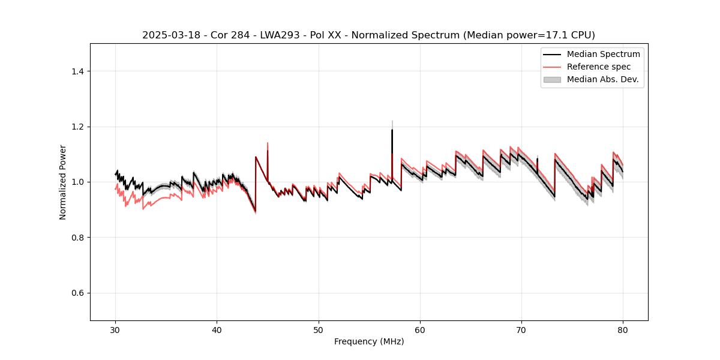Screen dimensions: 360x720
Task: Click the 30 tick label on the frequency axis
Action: [116, 330]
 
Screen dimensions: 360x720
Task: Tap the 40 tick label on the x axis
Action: [217, 330]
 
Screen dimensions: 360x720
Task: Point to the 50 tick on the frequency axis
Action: [319, 330]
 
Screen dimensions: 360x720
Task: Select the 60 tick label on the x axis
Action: [420, 330]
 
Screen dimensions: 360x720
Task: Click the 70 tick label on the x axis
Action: [521, 330]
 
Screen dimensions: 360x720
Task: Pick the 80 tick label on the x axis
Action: [623, 330]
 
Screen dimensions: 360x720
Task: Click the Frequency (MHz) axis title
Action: [369, 342]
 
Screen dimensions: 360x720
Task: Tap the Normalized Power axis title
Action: [63, 182]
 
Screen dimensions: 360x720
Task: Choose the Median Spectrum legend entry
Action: [603, 54]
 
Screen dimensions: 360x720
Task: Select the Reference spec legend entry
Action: [599, 67]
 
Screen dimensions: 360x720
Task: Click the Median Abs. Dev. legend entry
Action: [602, 79]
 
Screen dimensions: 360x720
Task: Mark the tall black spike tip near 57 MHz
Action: [392, 130]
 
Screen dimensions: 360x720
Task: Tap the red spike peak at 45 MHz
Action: [268, 143]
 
